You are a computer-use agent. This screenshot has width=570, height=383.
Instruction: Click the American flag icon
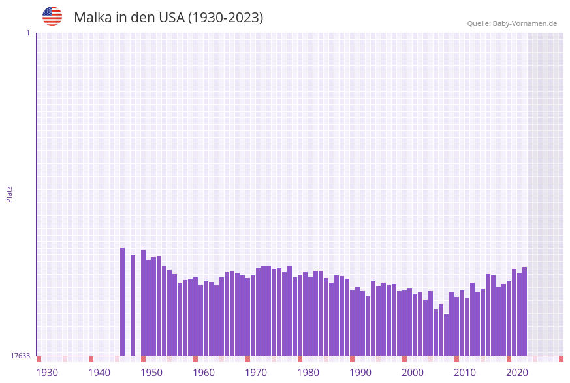click(x=52, y=16)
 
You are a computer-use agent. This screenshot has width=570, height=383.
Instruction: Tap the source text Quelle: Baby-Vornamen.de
click(x=512, y=23)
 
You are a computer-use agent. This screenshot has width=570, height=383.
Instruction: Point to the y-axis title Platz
click(x=9, y=194)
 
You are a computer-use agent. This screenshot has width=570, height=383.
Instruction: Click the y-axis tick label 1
click(x=27, y=33)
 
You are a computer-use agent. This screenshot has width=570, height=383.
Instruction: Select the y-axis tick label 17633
click(x=20, y=356)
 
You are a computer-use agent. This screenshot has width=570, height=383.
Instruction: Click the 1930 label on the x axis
click(x=47, y=372)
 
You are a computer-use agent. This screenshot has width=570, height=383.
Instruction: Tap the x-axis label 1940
click(x=99, y=372)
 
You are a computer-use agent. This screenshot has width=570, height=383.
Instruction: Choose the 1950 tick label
click(x=151, y=372)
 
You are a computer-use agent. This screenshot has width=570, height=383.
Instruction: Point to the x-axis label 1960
click(x=204, y=372)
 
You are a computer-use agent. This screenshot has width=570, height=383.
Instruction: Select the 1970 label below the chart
click(x=256, y=372)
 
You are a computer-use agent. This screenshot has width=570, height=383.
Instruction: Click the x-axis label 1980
click(x=308, y=372)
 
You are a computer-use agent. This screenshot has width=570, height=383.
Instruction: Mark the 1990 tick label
click(x=360, y=372)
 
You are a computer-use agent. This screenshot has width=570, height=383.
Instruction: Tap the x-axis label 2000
click(x=413, y=372)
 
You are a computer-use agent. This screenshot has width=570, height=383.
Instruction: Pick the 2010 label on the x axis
click(x=465, y=372)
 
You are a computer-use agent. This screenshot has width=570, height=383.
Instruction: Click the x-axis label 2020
click(x=517, y=372)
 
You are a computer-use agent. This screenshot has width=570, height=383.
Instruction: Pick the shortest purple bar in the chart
click(x=446, y=335)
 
